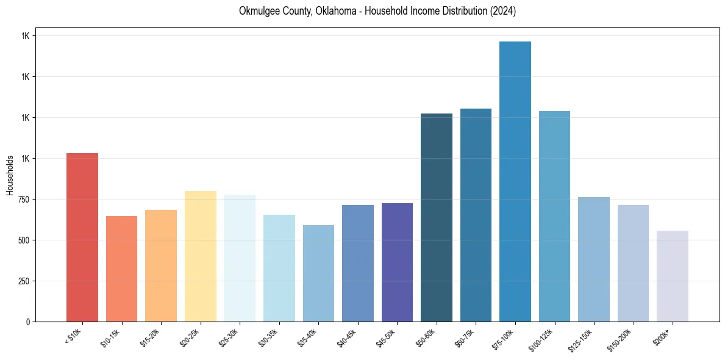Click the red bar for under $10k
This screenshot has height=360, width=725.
tap(82, 237)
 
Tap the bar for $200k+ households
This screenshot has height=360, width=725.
tap(673, 276)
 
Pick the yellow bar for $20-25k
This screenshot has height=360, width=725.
tap(201, 256)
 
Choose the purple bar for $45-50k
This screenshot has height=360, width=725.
tap(397, 262)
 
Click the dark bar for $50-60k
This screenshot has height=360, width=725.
tap(437, 217)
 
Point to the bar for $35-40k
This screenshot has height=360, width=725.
tap(318, 273)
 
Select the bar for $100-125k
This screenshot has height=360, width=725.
tap(554, 216)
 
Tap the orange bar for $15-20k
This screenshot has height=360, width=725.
tap(161, 265)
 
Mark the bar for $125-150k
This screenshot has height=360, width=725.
tap(594, 259)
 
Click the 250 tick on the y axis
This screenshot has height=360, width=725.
tap(24, 281)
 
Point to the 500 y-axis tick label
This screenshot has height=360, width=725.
tap(24, 240)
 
